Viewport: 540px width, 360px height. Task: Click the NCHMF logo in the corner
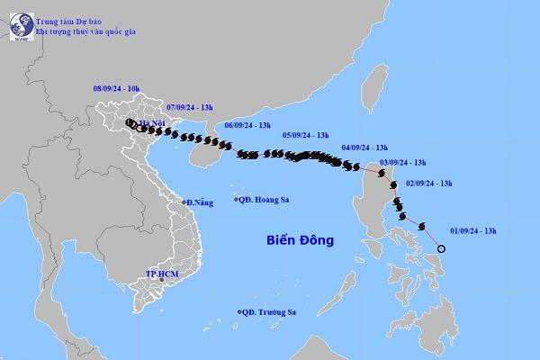(x=17, y=26)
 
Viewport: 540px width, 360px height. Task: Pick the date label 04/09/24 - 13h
(x=364, y=147)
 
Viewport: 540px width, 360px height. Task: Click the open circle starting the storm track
(x=441, y=249)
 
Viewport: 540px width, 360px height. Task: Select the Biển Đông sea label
(x=301, y=240)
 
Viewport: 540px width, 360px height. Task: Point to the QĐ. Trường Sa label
(x=269, y=312)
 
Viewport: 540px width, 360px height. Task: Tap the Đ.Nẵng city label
(x=200, y=203)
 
